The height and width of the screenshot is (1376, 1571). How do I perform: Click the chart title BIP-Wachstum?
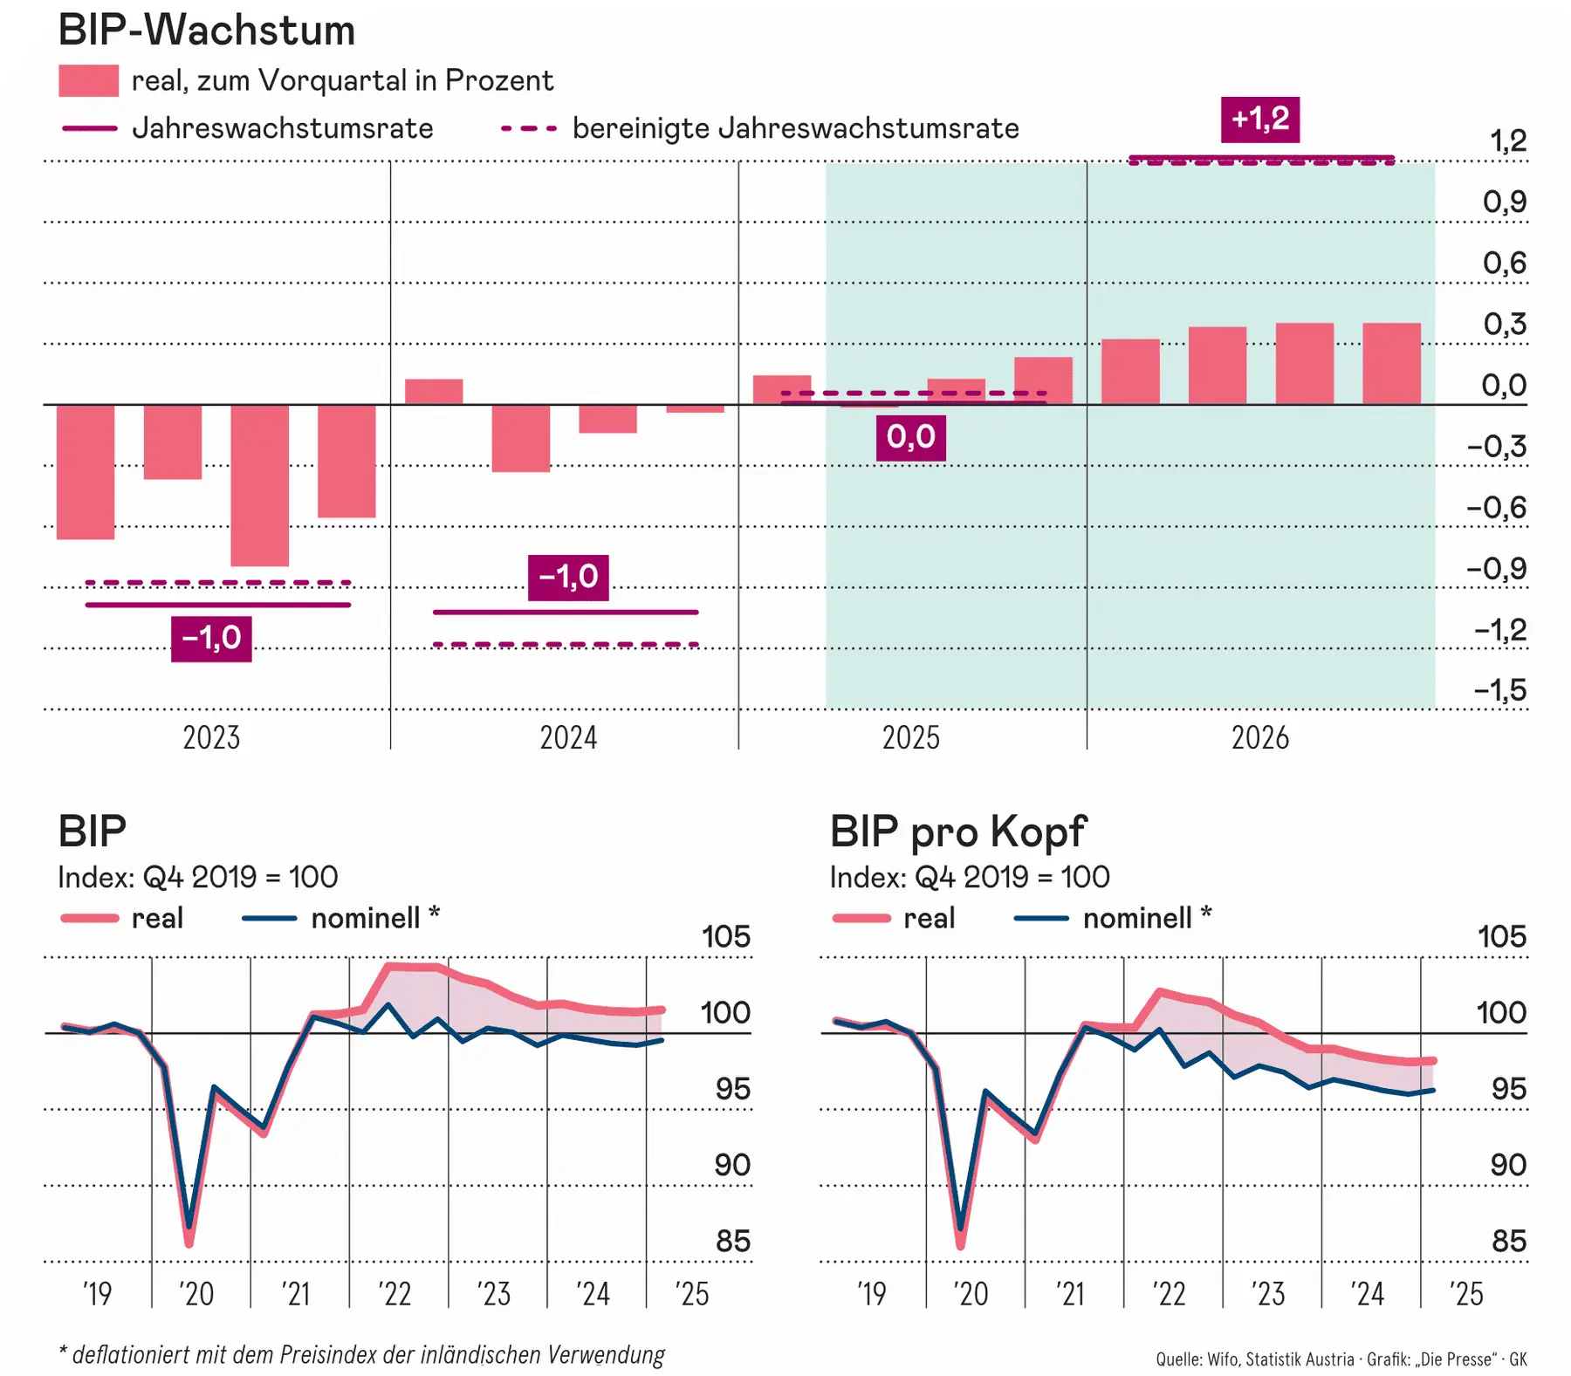click(207, 31)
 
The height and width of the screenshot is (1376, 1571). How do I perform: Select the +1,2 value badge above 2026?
click(1259, 120)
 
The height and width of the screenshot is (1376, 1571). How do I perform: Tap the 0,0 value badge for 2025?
click(910, 437)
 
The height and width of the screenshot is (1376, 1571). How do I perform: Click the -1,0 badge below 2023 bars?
click(211, 639)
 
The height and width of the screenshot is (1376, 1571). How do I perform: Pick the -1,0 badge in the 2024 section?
click(568, 578)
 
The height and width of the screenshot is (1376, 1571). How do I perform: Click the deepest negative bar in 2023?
click(259, 485)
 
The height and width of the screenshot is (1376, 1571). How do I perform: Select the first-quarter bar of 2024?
click(434, 392)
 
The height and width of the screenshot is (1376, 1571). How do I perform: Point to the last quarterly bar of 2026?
click(1391, 364)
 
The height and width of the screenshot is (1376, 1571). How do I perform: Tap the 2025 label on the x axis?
click(910, 738)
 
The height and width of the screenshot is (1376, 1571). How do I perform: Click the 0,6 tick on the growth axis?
click(1505, 264)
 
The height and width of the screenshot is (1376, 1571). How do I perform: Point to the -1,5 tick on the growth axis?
click(1500, 691)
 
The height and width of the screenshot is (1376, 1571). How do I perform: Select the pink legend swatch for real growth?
click(88, 81)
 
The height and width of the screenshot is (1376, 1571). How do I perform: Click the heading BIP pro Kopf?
click(957, 832)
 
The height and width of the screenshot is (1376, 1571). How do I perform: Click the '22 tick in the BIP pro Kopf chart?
click(1169, 1294)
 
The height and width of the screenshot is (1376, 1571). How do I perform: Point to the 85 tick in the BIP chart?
click(732, 1242)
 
